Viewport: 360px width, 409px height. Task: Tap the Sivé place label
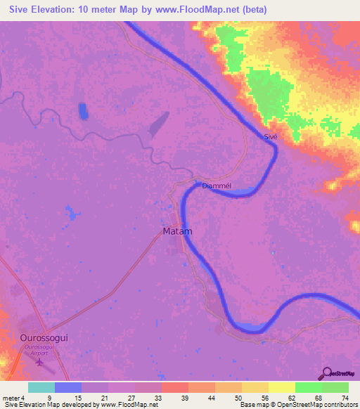point(271,138)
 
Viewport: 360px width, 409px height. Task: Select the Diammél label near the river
point(217,186)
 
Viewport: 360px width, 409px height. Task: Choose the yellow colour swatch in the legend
point(281,387)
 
